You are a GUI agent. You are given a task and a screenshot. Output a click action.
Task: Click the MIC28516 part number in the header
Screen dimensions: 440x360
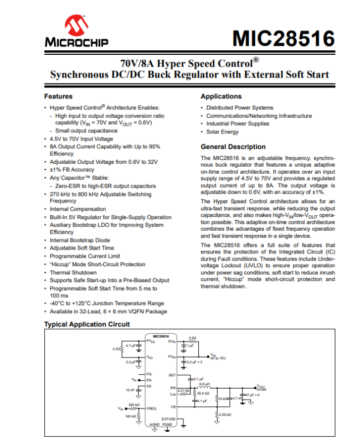(283, 39)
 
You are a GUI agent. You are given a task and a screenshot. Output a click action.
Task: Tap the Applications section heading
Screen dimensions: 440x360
(221, 96)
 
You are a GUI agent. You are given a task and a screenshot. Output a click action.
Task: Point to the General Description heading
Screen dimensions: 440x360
(233, 147)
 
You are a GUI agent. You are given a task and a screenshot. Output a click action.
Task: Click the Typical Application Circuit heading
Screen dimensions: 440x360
(87, 324)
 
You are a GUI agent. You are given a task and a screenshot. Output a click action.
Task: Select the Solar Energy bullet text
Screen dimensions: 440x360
(223, 132)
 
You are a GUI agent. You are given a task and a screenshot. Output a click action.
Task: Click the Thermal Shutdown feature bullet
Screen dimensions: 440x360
(73, 272)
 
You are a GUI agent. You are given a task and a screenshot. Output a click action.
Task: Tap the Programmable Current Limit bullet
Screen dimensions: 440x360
(85, 256)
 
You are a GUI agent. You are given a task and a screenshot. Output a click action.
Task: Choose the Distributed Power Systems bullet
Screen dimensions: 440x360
(240, 107)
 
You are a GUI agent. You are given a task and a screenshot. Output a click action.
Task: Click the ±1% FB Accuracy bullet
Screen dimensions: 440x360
(72, 170)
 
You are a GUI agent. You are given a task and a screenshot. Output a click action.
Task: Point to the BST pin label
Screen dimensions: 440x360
(172, 375)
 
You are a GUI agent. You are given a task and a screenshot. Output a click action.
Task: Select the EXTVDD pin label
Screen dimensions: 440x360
(168, 419)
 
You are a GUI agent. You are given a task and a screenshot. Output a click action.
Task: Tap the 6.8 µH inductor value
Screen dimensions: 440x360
(204, 384)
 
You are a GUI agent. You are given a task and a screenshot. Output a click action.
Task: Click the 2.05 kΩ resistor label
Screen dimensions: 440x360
(224, 415)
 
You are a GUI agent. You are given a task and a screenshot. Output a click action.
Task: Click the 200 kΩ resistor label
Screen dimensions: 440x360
(134, 405)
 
